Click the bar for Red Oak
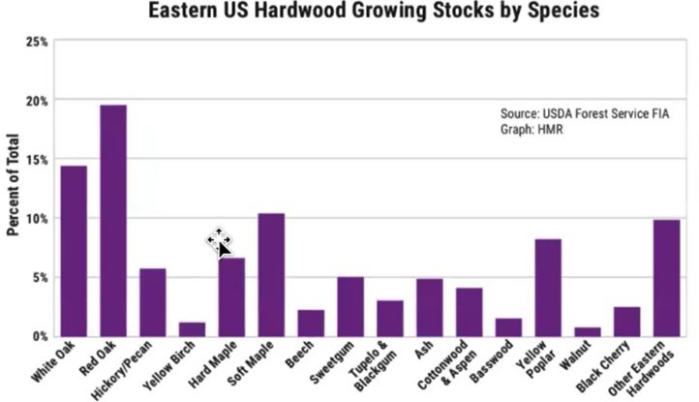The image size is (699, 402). pos(113,221)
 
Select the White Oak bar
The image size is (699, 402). pos(74,251)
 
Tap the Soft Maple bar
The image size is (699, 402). pos(271,274)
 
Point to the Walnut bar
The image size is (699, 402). pos(588,331)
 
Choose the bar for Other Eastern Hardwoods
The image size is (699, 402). pos(667,278)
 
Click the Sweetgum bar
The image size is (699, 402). pos(350,306)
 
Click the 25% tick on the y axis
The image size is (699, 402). pos(38,42)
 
